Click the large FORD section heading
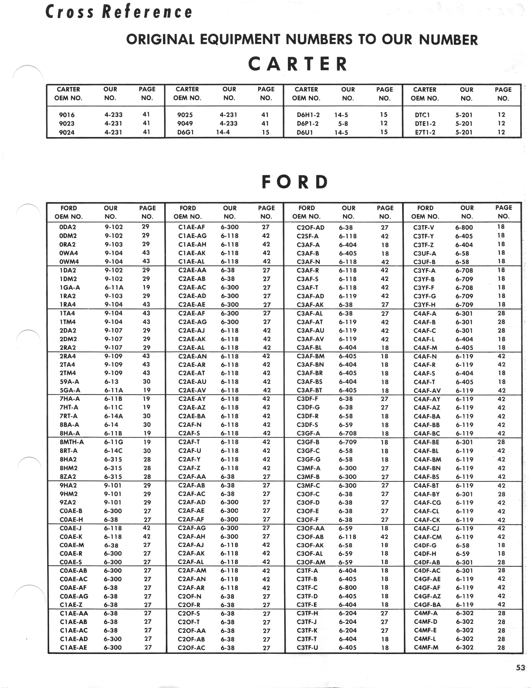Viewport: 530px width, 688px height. coord(295,182)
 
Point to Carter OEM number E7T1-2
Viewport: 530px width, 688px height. coord(425,132)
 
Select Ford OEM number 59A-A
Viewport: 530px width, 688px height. coord(69,382)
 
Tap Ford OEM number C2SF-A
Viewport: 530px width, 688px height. coord(308,236)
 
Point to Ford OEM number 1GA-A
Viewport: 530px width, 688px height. coord(70,287)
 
